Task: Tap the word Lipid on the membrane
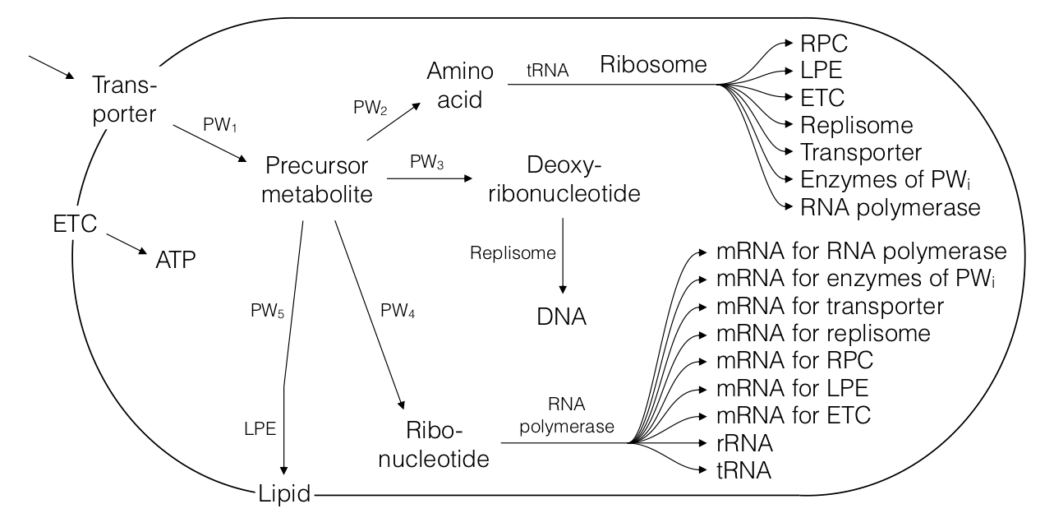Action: pyautogui.click(x=283, y=495)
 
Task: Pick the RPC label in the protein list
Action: pyautogui.click(x=824, y=42)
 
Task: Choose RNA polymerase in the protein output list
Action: pyautogui.click(x=891, y=207)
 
